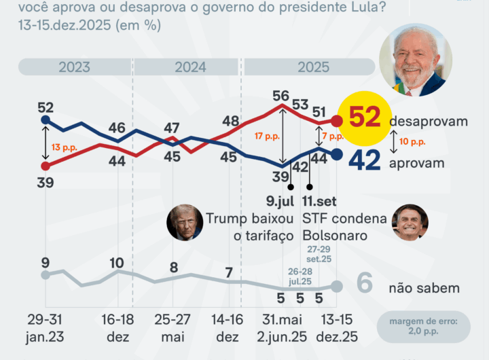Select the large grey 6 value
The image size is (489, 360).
coord(365,285)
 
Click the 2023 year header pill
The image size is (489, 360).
coord(74,67)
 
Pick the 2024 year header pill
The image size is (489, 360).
coord(190,67)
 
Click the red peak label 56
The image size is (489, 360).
coord(280,96)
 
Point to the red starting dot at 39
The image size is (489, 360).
coord(46,165)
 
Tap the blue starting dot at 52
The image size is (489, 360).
coord(46,120)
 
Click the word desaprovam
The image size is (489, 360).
coord(429,121)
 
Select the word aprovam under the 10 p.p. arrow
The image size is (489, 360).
coord(416,163)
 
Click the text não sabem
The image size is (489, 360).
coord(424,288)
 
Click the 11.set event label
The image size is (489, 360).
coord(318,201)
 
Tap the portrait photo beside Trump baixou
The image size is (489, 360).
coord(185,222)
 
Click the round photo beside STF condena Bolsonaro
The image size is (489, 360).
coord(410,222)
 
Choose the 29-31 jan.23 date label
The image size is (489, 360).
coord(46,327)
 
